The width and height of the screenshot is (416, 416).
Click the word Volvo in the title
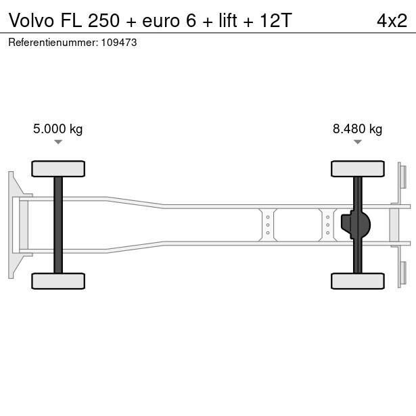(x=32, y=20)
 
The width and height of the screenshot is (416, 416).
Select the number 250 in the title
(x=103, y=20)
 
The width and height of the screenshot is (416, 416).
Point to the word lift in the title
(x=228, y=20)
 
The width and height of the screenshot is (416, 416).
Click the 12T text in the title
(x=276, y=20)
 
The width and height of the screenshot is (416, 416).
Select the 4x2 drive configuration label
(x=392, y=20)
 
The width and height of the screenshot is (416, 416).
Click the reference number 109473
(x=119, y=43)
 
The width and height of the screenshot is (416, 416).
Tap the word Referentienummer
(x=53, y=43)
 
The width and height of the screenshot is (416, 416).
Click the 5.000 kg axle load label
(x=58, y=129)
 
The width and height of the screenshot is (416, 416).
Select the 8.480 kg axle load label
(x=357, y=129)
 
